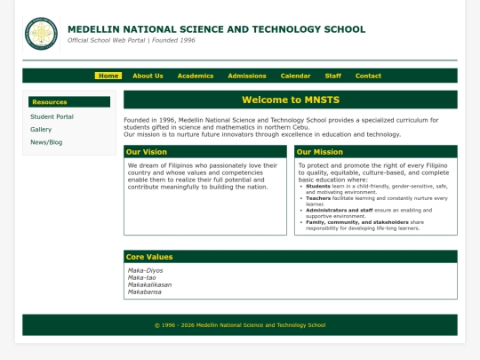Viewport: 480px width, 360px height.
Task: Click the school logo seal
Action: tap(41, 34)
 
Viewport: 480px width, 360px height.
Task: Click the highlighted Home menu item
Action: tap(108, 76)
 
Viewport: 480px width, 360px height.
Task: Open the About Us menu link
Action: tap(148, 76)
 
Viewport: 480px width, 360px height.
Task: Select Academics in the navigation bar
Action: tap(196, 76)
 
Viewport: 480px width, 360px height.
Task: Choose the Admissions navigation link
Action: tap(247, 76)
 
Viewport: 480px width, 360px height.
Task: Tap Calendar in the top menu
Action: tap(296, 76)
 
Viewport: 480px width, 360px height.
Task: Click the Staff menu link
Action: tap(333, 76)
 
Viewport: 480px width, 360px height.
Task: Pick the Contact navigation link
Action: tap(368, 76)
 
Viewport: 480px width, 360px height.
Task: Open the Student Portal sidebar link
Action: tap(52, 116)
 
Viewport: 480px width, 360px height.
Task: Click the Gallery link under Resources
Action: tap(41, 129)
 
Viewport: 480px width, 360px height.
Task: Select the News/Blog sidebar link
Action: tap(46, 142)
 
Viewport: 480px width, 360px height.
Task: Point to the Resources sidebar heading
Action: tap(50, 102)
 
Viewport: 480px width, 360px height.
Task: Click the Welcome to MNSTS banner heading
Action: tap(290, 100)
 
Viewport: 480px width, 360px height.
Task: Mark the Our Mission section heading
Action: tap(320, 152)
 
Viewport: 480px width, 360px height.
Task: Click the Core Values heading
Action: tap(149, 257)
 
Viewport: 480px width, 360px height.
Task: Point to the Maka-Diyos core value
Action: tap(146, 270)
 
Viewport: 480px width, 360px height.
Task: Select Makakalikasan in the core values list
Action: tap(150, 284)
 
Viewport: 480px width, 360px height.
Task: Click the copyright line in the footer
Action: tap(240, 325)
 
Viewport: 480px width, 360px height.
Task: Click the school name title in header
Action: tap(216, 29)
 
